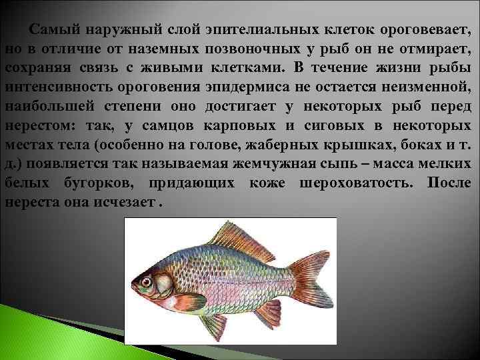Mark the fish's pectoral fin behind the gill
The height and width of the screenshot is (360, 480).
coord(186,302)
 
